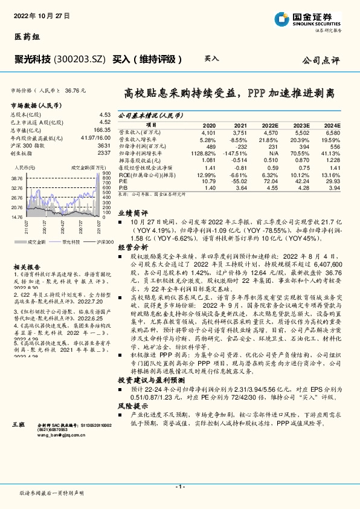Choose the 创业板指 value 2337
[x=104, y=152]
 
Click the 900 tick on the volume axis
[x=106, y=174]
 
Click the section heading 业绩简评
[x=132, y=230]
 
